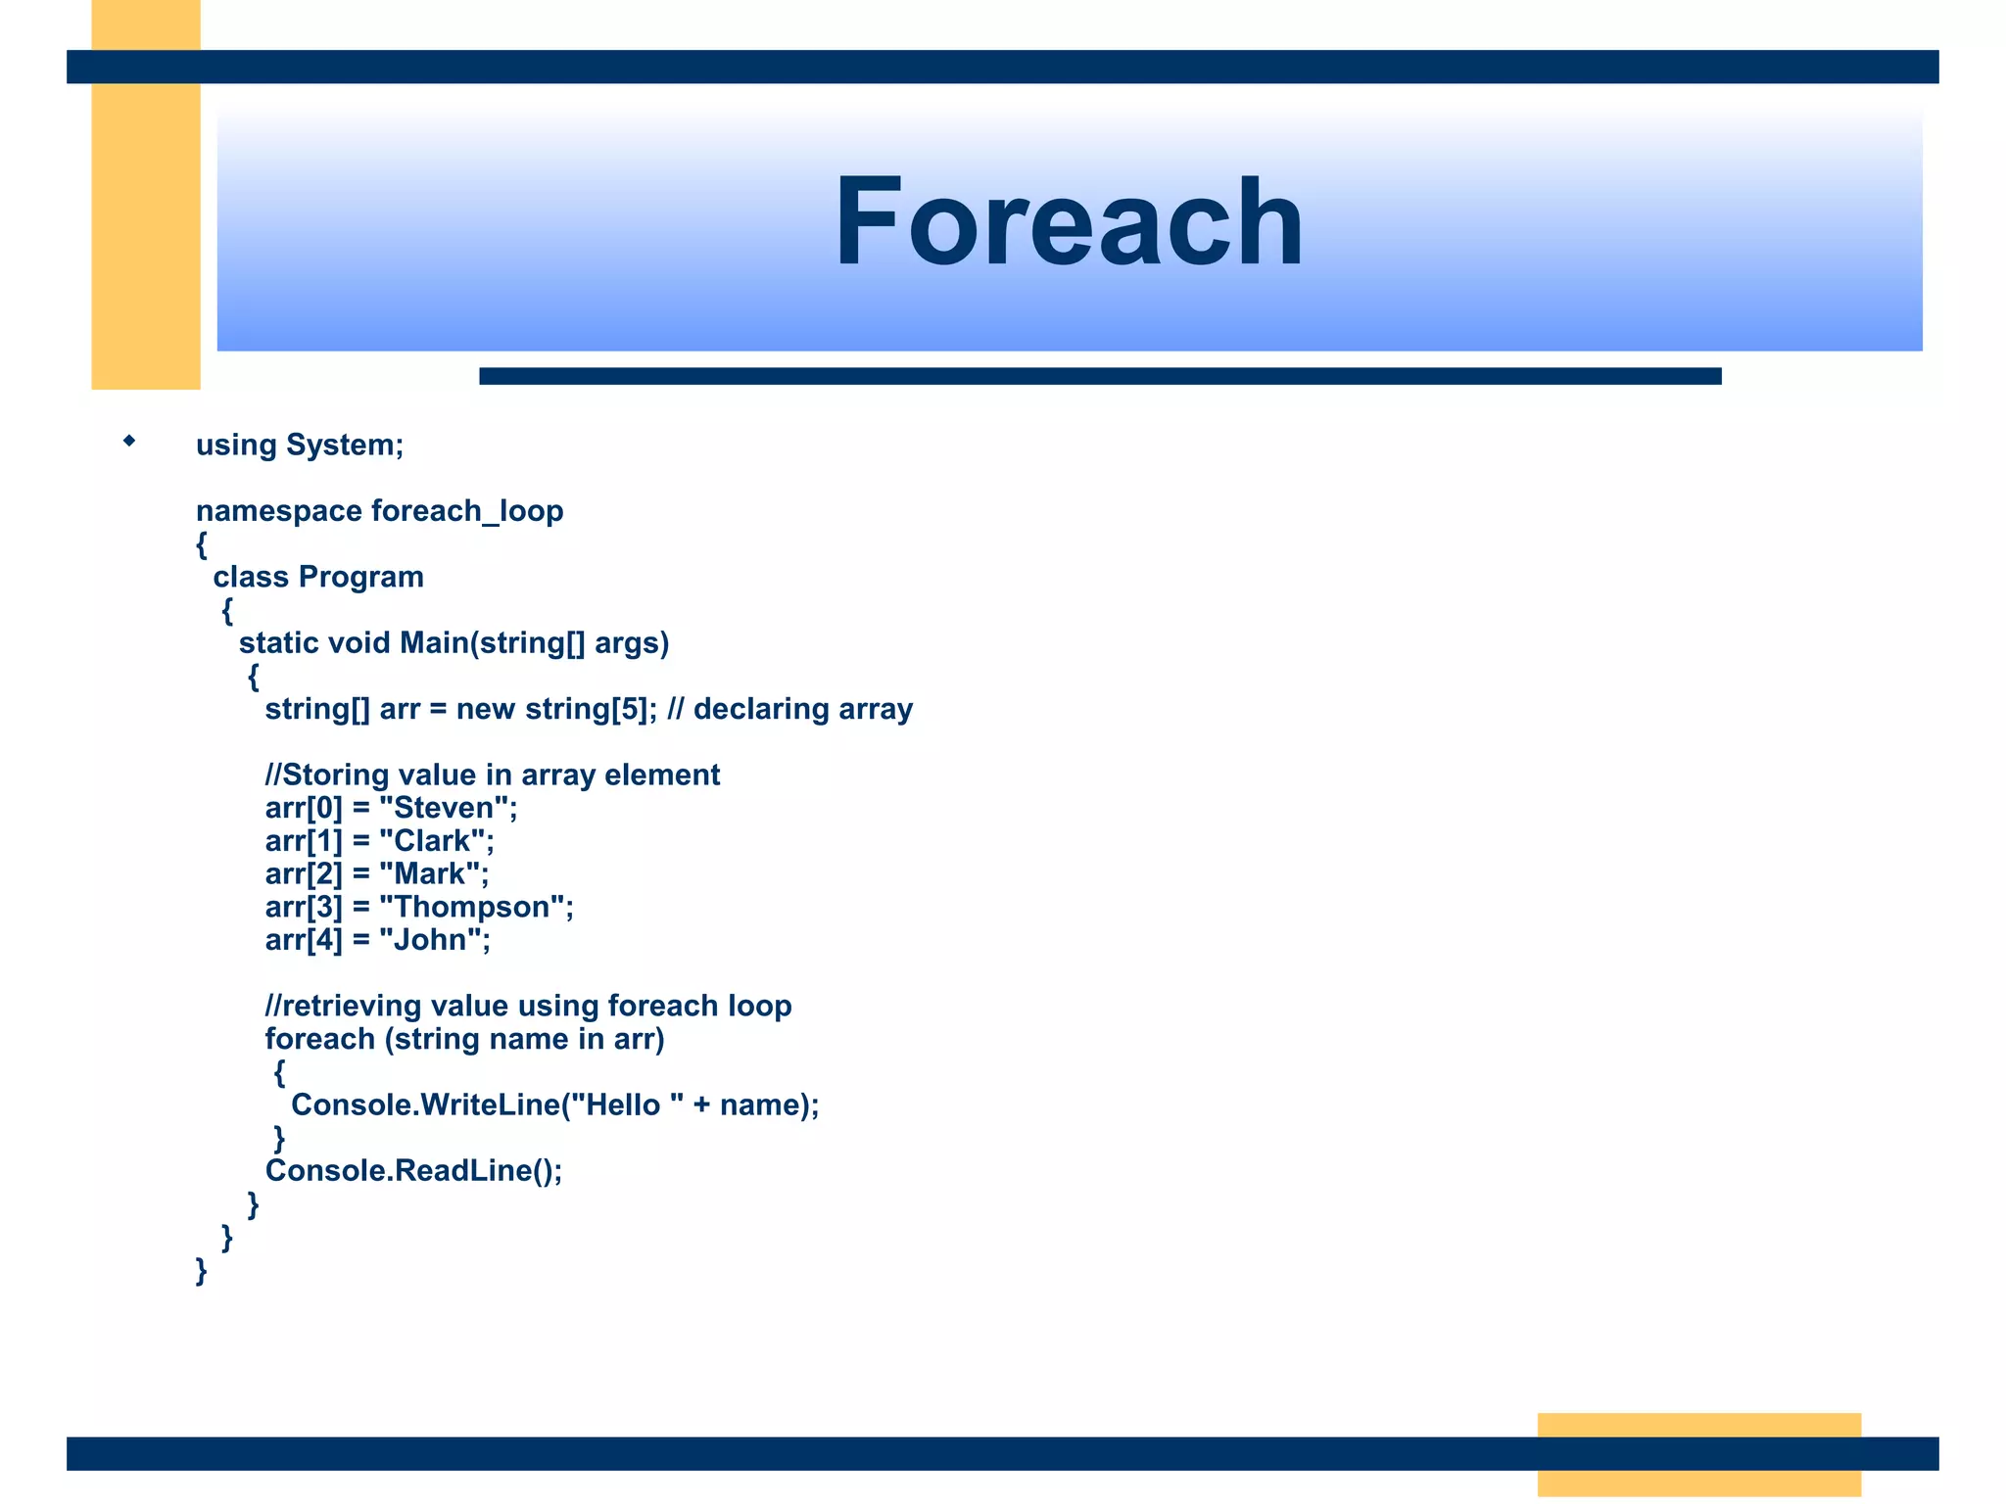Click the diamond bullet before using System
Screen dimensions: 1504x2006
tap(129, 442)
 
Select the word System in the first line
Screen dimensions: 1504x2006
tap(344, 446)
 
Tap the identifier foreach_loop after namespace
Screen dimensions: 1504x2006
tap(467, 511)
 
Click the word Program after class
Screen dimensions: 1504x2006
tap(360, 578)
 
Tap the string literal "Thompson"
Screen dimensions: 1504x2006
tap(472, 908)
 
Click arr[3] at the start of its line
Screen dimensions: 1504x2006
tap(304, 908)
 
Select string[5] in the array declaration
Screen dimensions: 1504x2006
tap(586, 709)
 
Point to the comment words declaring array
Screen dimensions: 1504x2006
tap(802, 709)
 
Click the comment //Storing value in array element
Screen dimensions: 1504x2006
tap(492, 775)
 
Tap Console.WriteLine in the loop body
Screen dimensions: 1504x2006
tap(425, 1105)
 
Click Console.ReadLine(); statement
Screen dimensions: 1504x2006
tap(413, 1171)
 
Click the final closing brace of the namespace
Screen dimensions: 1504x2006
tap(202, 1271)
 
